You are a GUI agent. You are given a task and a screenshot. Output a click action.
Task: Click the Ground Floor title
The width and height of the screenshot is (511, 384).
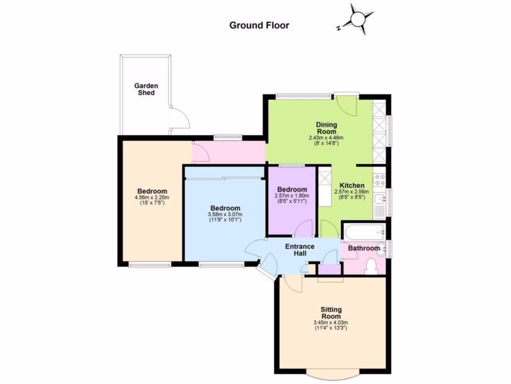pos(259,25)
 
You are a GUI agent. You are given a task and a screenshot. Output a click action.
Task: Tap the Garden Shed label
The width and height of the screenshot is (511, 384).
pos(146,89)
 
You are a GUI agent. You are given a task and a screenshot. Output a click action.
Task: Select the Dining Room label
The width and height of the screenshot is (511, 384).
pos(326,128)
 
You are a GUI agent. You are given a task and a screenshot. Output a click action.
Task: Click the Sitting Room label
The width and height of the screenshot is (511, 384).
pos(331,313)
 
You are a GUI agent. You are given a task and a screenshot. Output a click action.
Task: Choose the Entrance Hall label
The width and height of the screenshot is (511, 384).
pos(299,249)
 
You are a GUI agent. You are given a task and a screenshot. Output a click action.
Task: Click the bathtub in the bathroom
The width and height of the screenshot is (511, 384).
pos(363,231)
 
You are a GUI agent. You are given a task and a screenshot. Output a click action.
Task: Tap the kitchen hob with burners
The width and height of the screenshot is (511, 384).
pos(382,177)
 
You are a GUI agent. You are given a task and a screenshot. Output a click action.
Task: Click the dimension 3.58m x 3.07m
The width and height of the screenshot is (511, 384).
pos(225,214)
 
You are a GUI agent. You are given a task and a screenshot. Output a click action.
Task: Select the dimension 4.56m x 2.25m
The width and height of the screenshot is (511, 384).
pos(152,197)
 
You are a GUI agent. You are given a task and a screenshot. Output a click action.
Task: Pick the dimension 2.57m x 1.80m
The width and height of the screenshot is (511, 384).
pos(292,195)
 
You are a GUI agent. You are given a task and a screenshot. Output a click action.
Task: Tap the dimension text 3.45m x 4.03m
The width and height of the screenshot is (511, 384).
pos(331,322)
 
